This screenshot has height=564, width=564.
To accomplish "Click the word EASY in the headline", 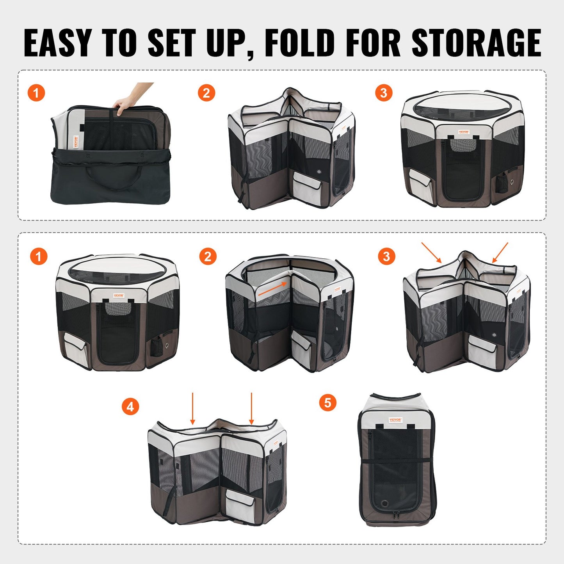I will click(x=58, y=43).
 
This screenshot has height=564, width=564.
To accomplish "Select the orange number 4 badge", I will click(x=130, y=407).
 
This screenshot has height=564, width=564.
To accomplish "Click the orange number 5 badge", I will click(x=327, y=402).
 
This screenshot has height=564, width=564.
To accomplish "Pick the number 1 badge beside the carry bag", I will click(x=36, y=93).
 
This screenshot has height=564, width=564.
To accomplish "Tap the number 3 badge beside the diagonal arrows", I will click(x=386, y=256).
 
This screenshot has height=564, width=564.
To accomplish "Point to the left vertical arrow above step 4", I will click(x=192, y=408).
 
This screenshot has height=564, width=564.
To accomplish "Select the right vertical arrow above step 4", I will click(x=251, y=408).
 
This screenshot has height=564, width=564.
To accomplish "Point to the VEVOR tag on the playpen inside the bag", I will click(x=75, y=143).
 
